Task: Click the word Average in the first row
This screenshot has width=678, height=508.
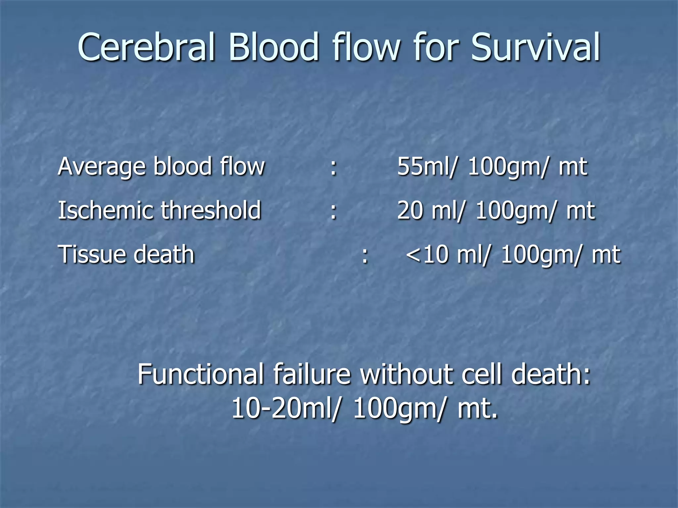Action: tap(101, 167)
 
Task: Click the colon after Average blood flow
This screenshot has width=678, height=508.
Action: tap(334, 167)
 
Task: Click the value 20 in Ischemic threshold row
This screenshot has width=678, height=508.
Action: tap(410, 210)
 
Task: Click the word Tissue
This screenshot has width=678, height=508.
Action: tap(91, 255)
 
